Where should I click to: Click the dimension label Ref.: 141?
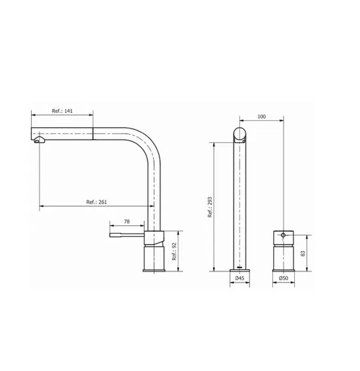[x=62, y=112]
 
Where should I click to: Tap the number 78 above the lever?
[x=126, y=221]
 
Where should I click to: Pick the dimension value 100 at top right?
[x=261, y=116]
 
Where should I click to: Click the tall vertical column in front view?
[x=240, y=204]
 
